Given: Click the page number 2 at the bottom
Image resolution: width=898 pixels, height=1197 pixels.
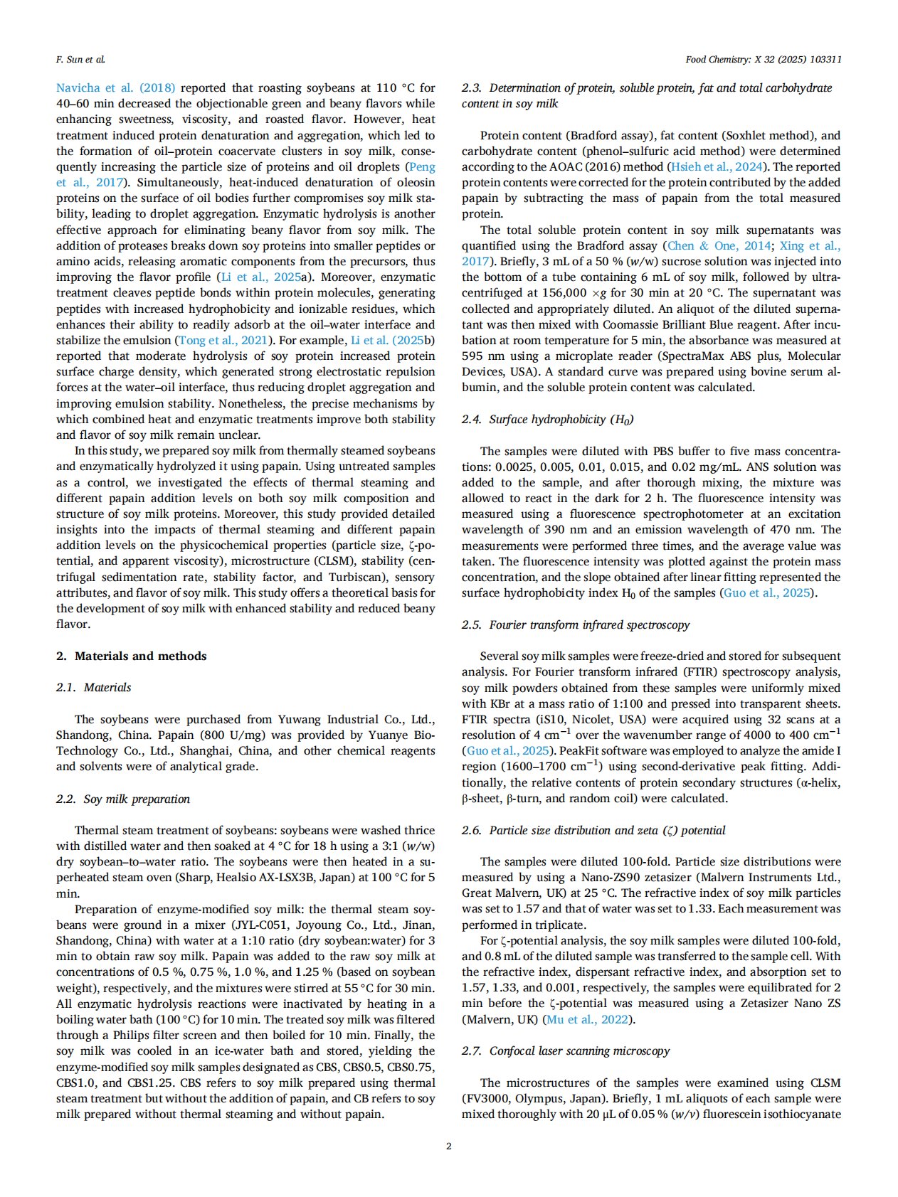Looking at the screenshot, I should pos(448,1146).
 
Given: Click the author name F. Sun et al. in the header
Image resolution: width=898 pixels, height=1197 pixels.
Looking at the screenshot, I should pos(80,60).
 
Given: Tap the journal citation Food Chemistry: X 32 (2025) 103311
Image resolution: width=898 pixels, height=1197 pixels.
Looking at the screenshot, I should pos(763,60).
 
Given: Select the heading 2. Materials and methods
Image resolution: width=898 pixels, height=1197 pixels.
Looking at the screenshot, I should pos(131,656).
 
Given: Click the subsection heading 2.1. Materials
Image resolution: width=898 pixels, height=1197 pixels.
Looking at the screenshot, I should pos(93,687).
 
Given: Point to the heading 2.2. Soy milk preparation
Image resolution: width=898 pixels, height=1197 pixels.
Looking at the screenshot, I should pos(123,799).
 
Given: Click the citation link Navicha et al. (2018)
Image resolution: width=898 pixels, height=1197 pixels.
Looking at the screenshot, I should pos(115,88).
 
